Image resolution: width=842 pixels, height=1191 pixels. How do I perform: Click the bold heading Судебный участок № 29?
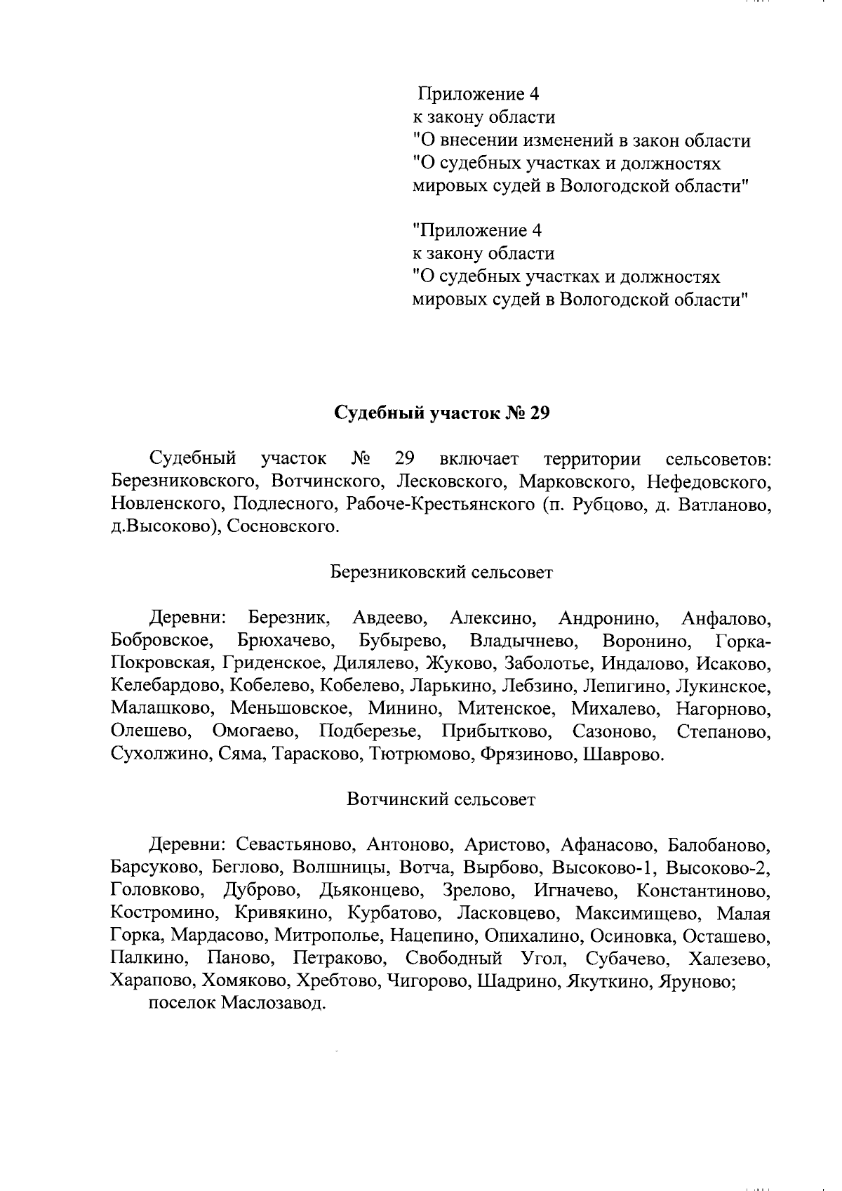[x=441, y=413]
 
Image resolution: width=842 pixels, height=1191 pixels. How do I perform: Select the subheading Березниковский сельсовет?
[x=441, y=572]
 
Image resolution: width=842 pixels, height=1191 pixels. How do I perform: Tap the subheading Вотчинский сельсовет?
[x=441, y=799]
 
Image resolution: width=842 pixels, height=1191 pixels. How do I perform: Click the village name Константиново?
[x=703, y=891]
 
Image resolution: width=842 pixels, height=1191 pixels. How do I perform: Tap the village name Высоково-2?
[x=718, y=868]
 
